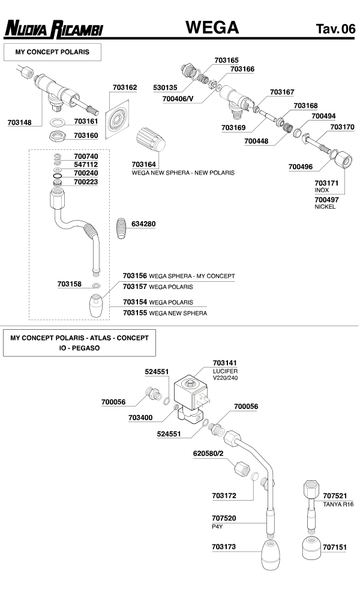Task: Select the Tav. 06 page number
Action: [335, 29]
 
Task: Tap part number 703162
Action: [125, 88]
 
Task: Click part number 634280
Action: [143, 224]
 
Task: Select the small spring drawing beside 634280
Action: [121, 228]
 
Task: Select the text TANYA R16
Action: [338, 504]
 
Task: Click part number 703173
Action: [224, 547]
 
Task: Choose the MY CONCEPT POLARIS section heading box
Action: [52, 52]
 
